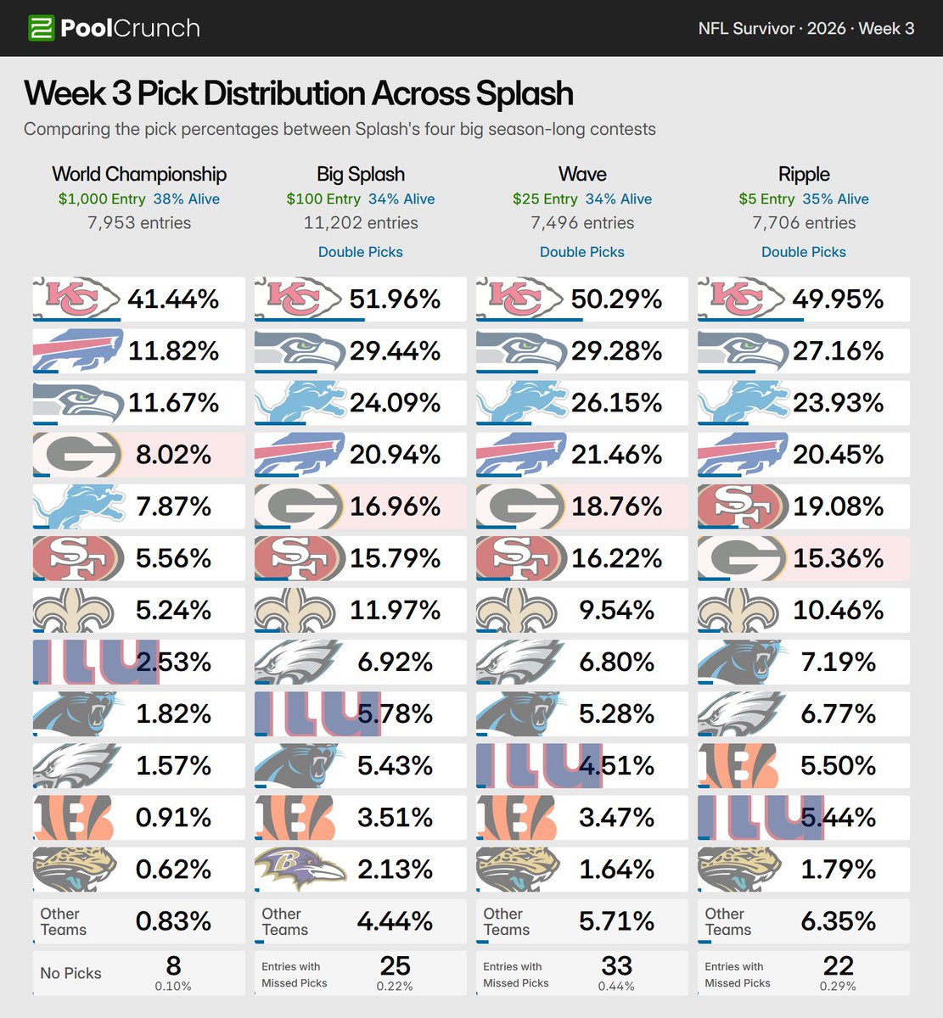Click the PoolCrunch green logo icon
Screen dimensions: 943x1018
click(x=41, y=28)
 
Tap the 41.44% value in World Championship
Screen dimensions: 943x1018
click(x=173, y=299)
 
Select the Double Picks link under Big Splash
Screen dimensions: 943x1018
click(x=360, y=252)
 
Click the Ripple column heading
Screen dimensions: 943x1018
click(x=804, y=174)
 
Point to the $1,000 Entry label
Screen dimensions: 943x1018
click(x=102, y=199)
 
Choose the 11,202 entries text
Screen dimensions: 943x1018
click(x=360, y=222)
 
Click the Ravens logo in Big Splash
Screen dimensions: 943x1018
click(x=300, y=869)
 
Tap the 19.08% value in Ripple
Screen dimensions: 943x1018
click(x=839, y=506)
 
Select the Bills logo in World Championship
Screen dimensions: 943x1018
click(x=78, y=350)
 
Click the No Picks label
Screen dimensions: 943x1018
click(x=70, y=973)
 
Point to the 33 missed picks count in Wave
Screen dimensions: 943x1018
click(x=616, y=965)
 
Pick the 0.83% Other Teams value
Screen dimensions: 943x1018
click(x=173, y=921)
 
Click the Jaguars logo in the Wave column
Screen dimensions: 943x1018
click(x=518, y=869)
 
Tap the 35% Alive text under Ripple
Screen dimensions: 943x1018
click(x=835, y=199)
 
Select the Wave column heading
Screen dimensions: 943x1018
click(x=582, y=174)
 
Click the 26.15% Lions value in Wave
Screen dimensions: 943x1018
click(x=616, y=403)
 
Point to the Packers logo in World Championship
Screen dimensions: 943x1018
click(x=78, y=454)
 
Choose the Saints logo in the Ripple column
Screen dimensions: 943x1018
click(x=738, y=610)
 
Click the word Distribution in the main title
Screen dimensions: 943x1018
click(x=285, y=93)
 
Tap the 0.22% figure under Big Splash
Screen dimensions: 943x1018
click(x=395, y=986)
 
